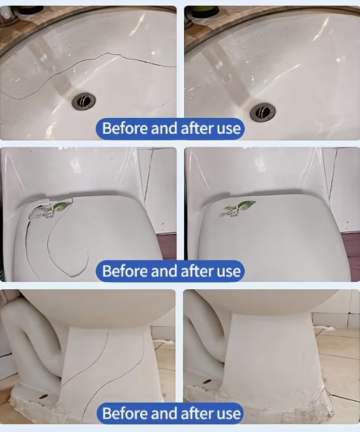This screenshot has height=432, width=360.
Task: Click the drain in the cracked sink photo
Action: click(84, 100)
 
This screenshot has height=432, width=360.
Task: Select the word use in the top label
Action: click(228, 129)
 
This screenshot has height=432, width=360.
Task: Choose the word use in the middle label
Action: click(228, 272)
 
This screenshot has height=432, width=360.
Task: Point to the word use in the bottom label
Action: click(228, 414)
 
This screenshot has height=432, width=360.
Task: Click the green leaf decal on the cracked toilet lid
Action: click(62, 206)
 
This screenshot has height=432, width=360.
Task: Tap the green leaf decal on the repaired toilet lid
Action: click(245, 204)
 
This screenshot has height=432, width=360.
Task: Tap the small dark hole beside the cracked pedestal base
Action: click(43, 397)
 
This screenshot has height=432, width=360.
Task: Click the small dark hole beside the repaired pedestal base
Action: click(207, 381)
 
